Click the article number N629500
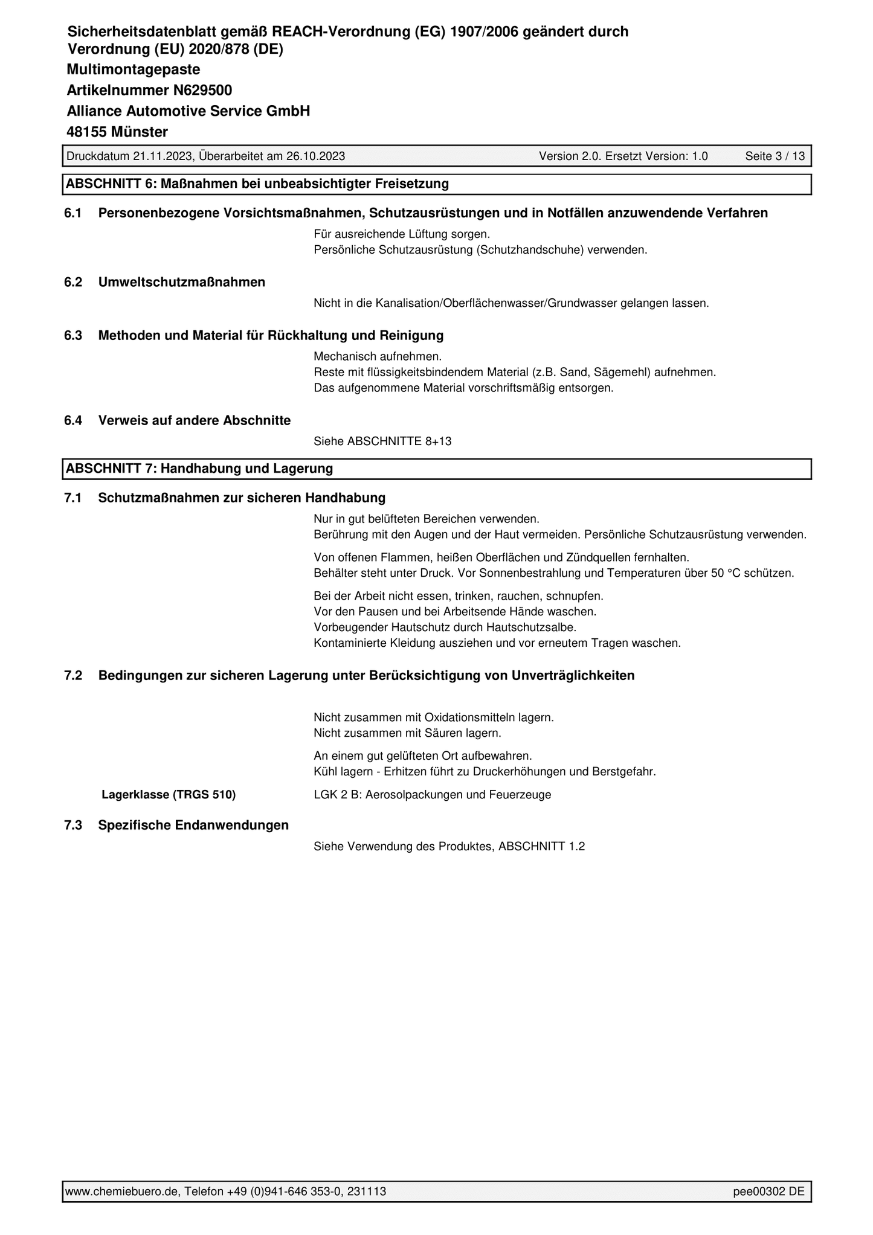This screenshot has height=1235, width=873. coord(202,91)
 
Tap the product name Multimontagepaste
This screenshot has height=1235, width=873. coord(133,69)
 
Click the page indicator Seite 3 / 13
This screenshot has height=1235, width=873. coord(775,156)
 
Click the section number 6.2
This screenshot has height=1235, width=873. coord(73,282)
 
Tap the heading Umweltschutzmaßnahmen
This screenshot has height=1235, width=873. coord(181,282)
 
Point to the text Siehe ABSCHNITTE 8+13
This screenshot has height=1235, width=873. coord(382,441)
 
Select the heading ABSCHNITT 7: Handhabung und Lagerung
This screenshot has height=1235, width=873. coord(199,469)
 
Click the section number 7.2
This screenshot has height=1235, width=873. coord(73,676)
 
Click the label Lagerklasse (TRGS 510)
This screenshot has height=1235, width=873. coord(169,795)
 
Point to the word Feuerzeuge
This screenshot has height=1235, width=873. coord(523,795)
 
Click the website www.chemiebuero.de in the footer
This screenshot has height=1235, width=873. coord(121,1192)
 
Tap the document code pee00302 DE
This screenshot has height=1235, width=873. coord(768,1192)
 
